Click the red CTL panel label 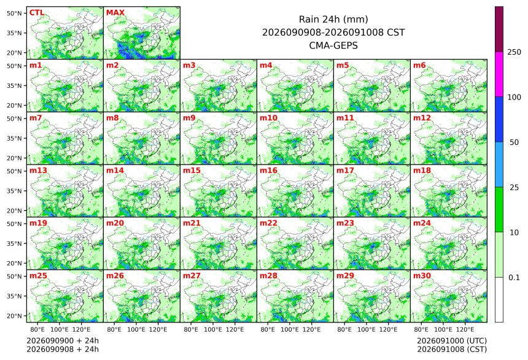tap(37, 12)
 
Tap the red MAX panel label tap(115, 12)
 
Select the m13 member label tap(38, 170)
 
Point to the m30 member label tap(422, 275)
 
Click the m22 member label tap(268, 223)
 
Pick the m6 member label tap(419, 65)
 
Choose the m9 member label tap(189, 117)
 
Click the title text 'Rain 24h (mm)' tap(333, 19)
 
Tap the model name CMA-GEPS tap(333, 45)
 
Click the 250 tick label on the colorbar tap(514, 52)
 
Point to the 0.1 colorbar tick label tap(514, 278)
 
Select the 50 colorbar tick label tap(514, 143)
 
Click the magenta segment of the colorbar tap(499, 74)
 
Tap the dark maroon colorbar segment tap(499, 29)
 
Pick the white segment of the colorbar tap(499, 300)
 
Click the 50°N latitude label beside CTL tap(14, 13)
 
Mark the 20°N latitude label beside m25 tap(14, 316)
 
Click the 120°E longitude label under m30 tap(465, 329)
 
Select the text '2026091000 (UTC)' tap(452, 341)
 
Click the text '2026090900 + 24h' tap(63, 340)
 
